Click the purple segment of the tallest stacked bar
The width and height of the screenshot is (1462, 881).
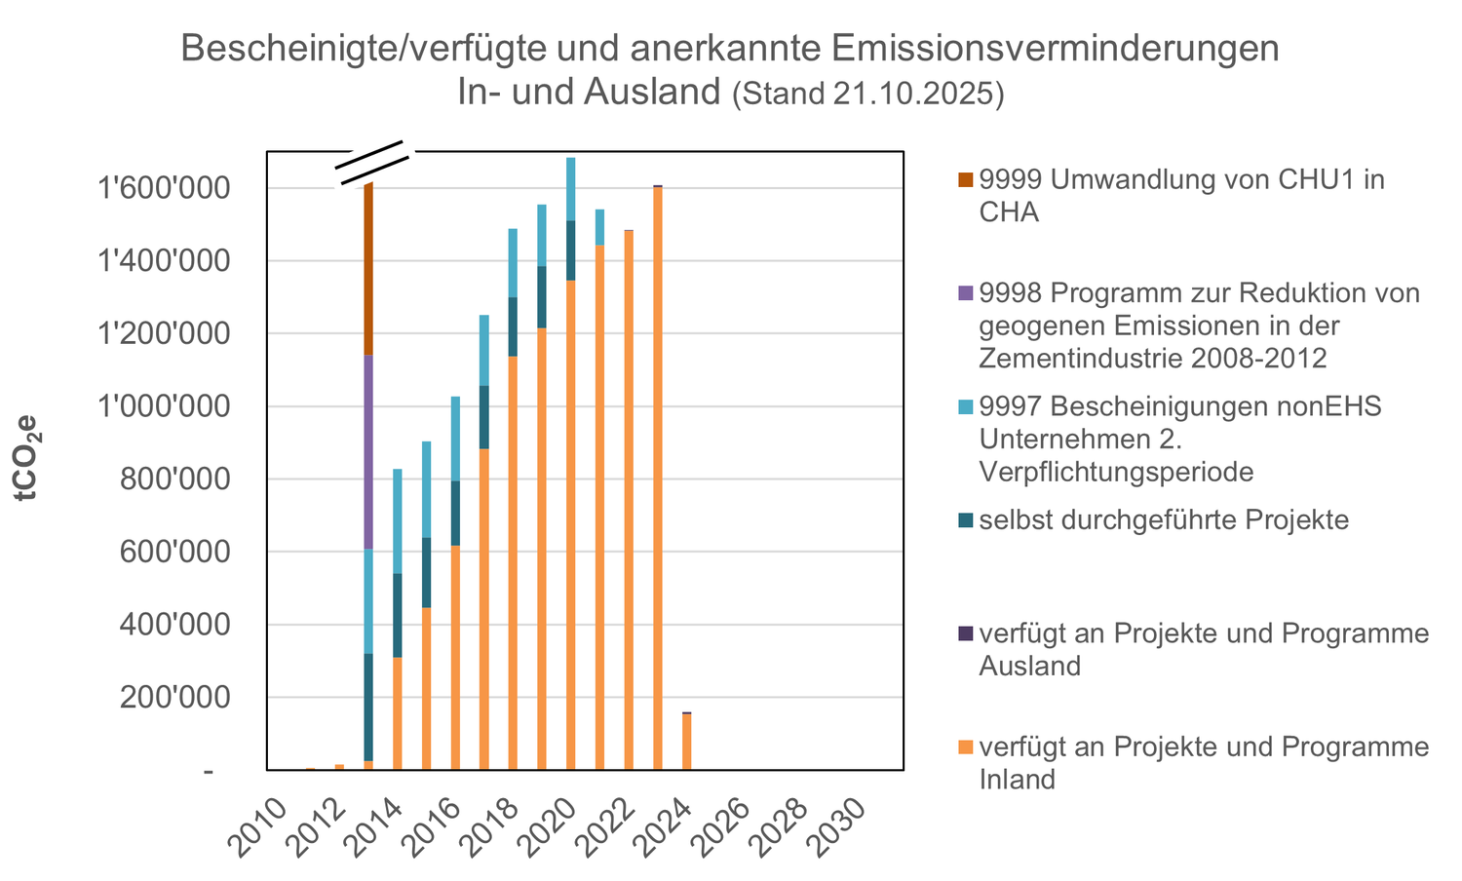tap(368, 452)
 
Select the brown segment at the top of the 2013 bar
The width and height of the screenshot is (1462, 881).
tap(368, 269)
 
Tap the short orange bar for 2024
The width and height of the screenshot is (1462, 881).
tap(687, 742)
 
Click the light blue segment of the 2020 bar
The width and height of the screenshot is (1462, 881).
tap(571, 189)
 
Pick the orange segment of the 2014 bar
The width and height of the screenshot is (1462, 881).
tap(398, 713)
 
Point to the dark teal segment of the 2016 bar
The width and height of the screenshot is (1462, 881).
tap(455, 513)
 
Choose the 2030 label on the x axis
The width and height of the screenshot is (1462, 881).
tap(839, 824)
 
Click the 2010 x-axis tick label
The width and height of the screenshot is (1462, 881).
tap(262, 824)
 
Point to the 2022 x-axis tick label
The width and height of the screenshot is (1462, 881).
tap(608, 824)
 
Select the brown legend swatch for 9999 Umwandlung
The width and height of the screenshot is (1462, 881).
tap(965, 179)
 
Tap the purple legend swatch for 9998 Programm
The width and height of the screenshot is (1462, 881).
tap(965, 292)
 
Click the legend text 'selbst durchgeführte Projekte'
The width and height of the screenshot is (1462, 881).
tap(1164, 520)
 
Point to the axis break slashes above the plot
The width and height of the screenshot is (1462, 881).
tap(373, 164)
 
